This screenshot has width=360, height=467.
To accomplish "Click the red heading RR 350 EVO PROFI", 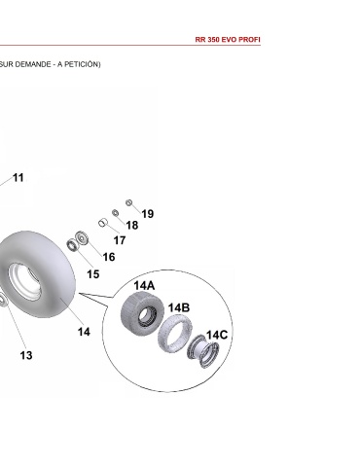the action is click(228, 40).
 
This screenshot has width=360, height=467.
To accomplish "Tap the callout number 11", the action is click(18, 178).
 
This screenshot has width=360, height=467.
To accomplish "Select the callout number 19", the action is click(148, 214).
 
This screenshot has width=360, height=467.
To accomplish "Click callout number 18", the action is click(132, 225).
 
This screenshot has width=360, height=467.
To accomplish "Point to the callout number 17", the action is click(120, 240).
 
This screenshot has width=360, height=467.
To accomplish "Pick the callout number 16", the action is click(109, 257).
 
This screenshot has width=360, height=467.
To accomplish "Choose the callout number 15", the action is click(93, 274).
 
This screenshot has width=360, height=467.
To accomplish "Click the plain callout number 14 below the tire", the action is click(84, 332).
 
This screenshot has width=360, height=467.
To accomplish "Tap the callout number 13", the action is click(26, 355).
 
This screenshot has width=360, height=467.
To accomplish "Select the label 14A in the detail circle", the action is click(144, 286).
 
